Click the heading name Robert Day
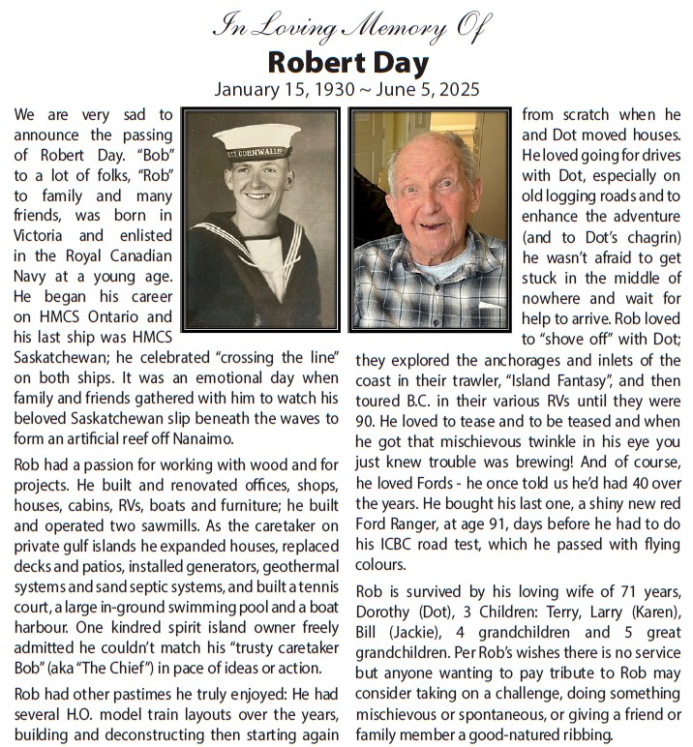[347, 63]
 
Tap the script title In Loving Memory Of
[347, 28]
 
